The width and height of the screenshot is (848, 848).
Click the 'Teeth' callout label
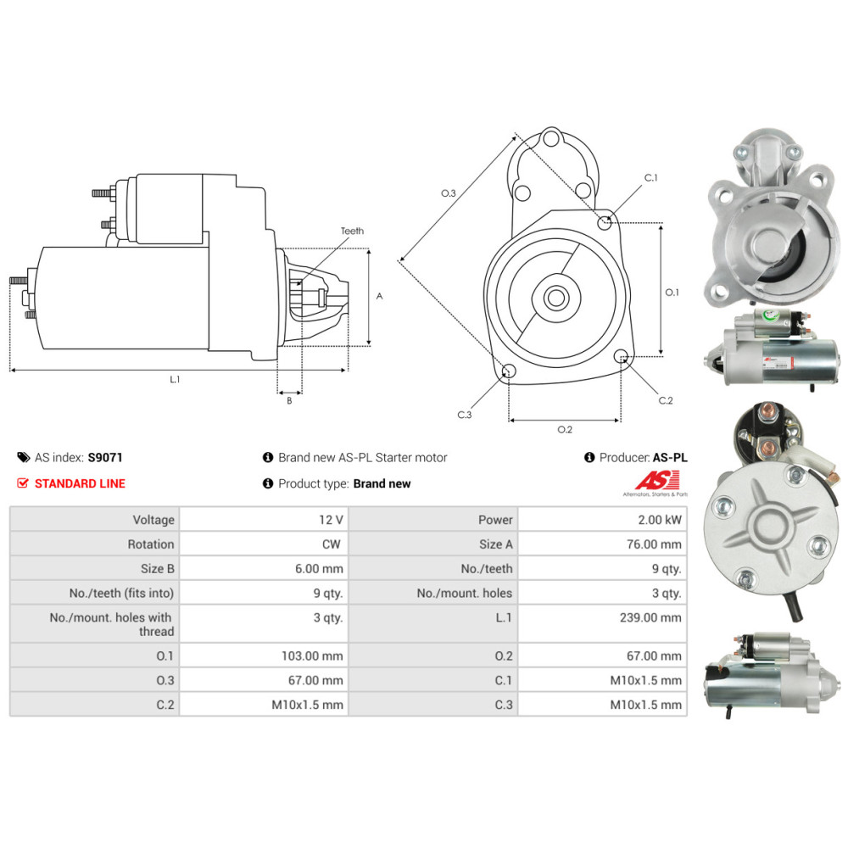pos(352,231)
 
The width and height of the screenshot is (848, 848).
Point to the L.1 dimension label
pos(175,379)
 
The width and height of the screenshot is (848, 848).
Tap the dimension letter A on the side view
pos(379,296)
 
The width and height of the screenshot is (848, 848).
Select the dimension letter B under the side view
pos(289,400)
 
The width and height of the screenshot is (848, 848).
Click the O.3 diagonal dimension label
pos(449,194)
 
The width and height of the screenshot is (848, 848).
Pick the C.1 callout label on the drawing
pos(650,178)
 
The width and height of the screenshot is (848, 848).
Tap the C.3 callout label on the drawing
pos(464,415)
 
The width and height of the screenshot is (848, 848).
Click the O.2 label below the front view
pos(565,429)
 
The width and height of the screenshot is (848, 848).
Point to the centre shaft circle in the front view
pos(557,298)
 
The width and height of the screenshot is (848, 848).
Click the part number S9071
pos(105,457)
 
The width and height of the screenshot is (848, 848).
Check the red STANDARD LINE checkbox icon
pos(23,483)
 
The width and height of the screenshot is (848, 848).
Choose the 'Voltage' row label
pos(153,520)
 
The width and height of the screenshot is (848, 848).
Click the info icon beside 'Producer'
pos(589,457)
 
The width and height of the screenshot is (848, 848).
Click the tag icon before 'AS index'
pos(23,457)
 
